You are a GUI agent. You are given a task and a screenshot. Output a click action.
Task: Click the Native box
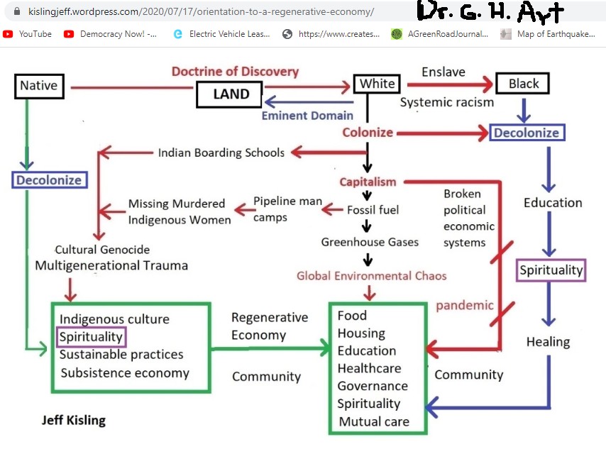pyautogui.click(x=38, y=87)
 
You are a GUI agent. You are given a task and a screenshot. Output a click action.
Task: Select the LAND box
pyautogui.click(x=231, y=94)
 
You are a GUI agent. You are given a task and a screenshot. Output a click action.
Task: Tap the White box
pyautogui.click(x=377, y=84)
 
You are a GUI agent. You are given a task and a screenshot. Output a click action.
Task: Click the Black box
pyautogui.click(x=523, y=84)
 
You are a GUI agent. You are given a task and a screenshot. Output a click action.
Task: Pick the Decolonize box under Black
pyautogui.click(x=527, y=133)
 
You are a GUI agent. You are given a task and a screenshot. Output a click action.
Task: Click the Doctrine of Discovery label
pyautogui.click(x=235, y=71)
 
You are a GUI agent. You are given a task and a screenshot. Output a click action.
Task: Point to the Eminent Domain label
pyautogui.click(x=307, y=115)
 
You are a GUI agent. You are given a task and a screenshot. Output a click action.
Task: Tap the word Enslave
pyautogui.click(x=443, y=72)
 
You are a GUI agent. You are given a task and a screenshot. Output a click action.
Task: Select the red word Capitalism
pyautogui.click(x=368, y=182)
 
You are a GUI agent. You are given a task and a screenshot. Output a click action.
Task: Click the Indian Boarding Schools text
pyautogui.click(x=221, y=153)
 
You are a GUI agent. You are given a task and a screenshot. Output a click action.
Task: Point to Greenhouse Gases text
pyautogui.click(x=370, y=242)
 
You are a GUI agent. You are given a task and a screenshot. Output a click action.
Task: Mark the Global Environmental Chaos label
pyautogui.click(x=371, y=275)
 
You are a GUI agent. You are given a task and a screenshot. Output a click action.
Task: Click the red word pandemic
pyautogui.click(x=464, y=305)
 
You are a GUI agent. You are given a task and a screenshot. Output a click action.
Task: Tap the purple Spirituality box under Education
pyautogui.click(x=551, y=270)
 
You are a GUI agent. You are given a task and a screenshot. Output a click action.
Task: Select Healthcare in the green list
pyautogui.click(x=369, y=368)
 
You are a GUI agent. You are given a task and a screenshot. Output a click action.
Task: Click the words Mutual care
pyautogui.click(x=373, y=421)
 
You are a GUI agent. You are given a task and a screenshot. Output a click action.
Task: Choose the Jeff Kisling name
pyautogui.click(x=73, y=420)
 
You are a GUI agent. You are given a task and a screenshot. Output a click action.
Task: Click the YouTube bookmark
pyautogui.click(x=28, y=33)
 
